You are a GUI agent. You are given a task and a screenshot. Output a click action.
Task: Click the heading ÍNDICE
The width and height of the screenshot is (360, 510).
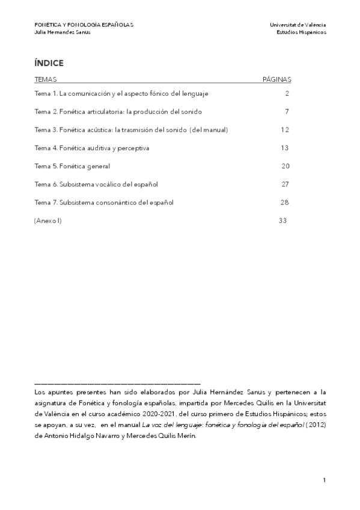point(49,63)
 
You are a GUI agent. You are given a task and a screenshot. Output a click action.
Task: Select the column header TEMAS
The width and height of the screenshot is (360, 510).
point(46,79)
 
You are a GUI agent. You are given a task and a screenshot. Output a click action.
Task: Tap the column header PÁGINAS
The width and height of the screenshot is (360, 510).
point(277,79)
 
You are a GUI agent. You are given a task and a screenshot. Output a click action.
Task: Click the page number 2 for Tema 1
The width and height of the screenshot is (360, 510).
point(287,94)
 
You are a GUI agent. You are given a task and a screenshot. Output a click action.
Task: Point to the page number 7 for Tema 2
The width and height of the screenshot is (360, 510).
point(287,112)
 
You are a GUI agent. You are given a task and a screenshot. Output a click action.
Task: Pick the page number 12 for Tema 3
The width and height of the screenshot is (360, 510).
point(285,130)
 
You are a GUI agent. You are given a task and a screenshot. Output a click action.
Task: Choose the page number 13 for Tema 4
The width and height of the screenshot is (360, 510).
point(285,148)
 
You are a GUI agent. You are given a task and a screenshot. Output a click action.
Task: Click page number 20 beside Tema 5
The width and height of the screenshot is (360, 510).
point(285,166)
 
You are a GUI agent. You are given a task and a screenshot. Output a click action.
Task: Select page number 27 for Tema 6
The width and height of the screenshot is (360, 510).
point(285,184)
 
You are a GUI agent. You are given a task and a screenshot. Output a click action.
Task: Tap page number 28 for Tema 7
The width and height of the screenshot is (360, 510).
point(285,202)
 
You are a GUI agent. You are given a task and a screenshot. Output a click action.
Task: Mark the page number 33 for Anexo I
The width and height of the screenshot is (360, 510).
point(283,221)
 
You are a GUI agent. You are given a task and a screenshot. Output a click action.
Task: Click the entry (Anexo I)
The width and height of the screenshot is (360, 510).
point(48,221)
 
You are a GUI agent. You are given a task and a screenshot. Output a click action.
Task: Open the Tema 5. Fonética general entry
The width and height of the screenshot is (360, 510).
point(72,166)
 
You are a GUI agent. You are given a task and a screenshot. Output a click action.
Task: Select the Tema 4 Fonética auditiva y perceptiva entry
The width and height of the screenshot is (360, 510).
point(92,148)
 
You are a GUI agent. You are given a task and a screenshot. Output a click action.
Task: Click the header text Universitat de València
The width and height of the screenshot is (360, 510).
point(298,25)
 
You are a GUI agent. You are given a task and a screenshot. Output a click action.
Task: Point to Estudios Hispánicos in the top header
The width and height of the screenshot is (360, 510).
point(301,32)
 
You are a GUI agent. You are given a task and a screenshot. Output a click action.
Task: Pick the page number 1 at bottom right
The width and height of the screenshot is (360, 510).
point(324,480)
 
